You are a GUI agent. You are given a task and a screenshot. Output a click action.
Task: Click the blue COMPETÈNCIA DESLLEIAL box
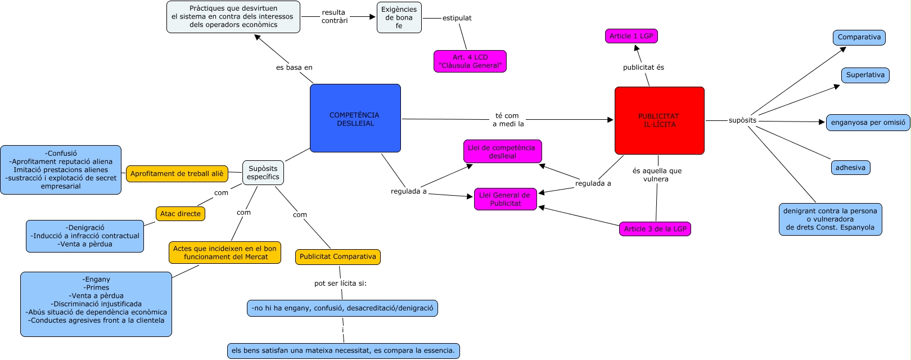point(355,118)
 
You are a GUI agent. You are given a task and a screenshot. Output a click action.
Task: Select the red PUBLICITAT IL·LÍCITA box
point(659,120)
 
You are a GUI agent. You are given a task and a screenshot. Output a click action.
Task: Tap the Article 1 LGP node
point(631,36)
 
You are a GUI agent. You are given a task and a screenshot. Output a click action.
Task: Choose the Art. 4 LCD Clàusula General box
point(470,61)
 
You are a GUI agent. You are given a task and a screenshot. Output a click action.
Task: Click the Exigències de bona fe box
point(399,17)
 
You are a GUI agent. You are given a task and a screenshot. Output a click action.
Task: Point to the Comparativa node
point(859,38)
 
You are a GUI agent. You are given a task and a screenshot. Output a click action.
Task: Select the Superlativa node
point(865,75)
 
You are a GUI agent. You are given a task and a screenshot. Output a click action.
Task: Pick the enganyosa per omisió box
point(868,123)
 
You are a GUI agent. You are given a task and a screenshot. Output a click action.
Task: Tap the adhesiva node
point(850,168)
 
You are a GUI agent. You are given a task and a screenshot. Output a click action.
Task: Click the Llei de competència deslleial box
point(502,152)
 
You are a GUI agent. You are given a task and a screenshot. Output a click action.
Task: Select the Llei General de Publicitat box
point(505,199)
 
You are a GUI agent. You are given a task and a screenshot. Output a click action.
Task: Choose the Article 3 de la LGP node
point(655,229)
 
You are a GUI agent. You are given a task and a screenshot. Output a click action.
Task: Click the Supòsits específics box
point(263,173)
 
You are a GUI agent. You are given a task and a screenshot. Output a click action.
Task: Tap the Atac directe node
point(180,214)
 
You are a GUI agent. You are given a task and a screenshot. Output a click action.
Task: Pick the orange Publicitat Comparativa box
point(337,257)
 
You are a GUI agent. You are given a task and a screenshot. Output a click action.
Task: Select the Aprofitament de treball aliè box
point(177,174)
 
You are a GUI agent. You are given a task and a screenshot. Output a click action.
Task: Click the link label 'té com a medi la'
point(507,120)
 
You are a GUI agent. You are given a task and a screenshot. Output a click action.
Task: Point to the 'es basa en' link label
point(294,67)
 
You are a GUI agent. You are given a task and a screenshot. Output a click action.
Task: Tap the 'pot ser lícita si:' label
point(340,283)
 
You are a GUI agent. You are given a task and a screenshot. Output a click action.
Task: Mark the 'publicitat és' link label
point(643,67)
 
